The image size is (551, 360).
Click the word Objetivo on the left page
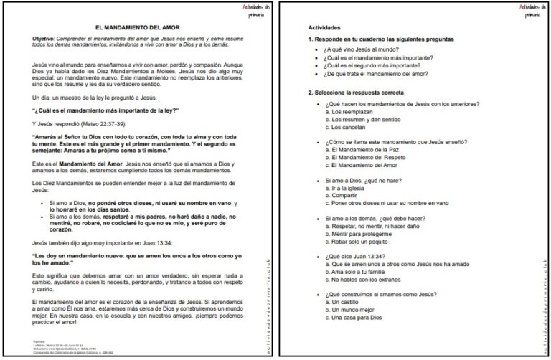[x=46, y=37]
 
